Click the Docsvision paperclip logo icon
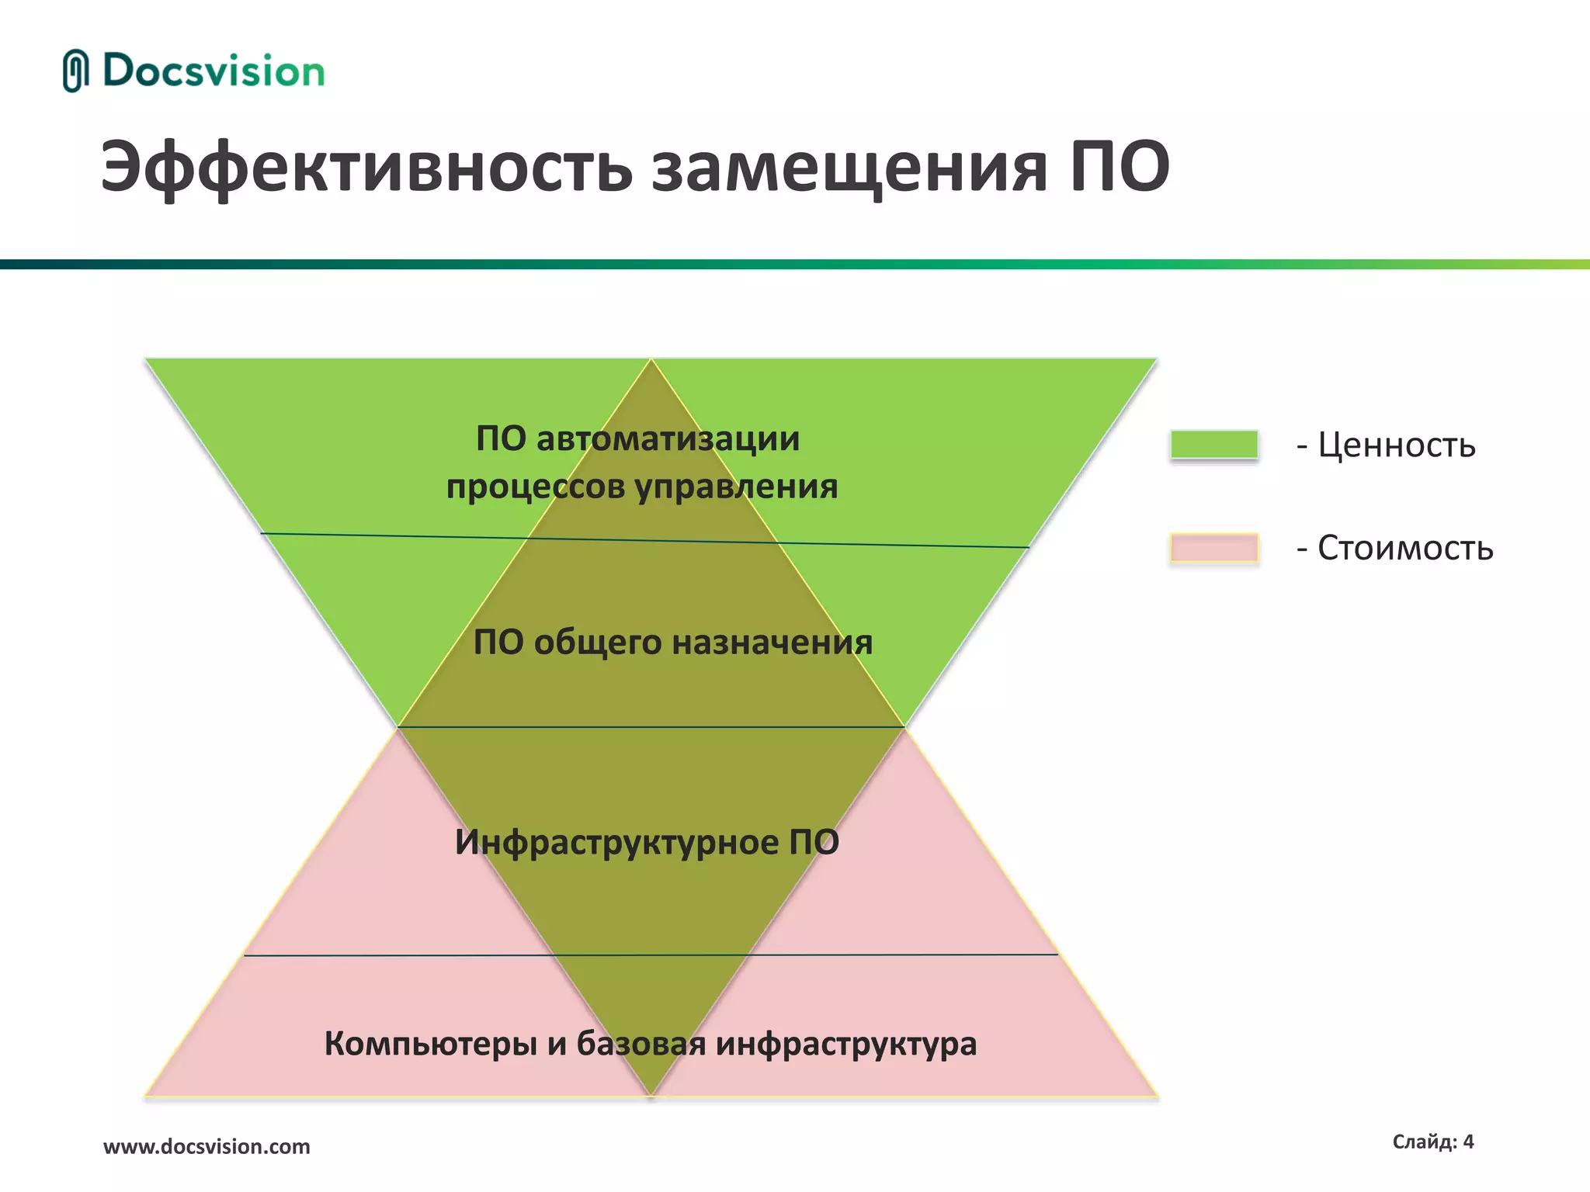click(x=75, y=71)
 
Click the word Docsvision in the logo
click(x=214, y=71)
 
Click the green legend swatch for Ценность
click(x=1213, y=445)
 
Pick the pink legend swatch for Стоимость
click(x=1213, y=548)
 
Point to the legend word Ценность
click(x=1396, y=445)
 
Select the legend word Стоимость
click(x=1404, y=549)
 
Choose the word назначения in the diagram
click(x=772, y=643)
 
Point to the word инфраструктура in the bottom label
click(x=845, y=1044)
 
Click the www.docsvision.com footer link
click(x=207, y=1146)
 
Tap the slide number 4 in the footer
click(x=1467, y=1142)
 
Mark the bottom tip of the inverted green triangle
click(x=651, y=1095)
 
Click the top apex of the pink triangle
click(x=651, y=359)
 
